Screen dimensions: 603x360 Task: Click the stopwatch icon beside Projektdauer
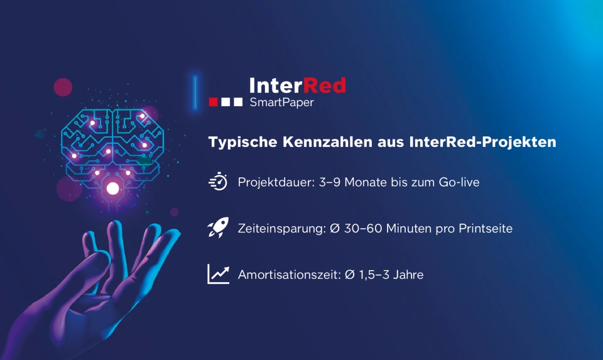pos(218,181)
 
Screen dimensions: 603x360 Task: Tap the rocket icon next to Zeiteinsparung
pos(218,227)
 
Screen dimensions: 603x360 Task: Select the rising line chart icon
pos(218,274)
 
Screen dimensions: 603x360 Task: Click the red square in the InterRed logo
pos(214,102)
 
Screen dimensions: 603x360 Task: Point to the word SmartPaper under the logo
pos(281,102)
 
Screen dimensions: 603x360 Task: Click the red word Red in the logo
pos(325,85)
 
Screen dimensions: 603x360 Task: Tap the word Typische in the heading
pos(242,142)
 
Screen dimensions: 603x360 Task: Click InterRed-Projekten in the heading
pos(482,142)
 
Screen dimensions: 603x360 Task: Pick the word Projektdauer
pos(275,182)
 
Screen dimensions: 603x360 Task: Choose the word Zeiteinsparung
pos(281,229)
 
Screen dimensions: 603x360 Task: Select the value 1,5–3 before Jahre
pos(374,275)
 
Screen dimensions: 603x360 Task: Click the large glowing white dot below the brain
pos(112,188)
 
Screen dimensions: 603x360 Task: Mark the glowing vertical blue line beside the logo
pos(195,92)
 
